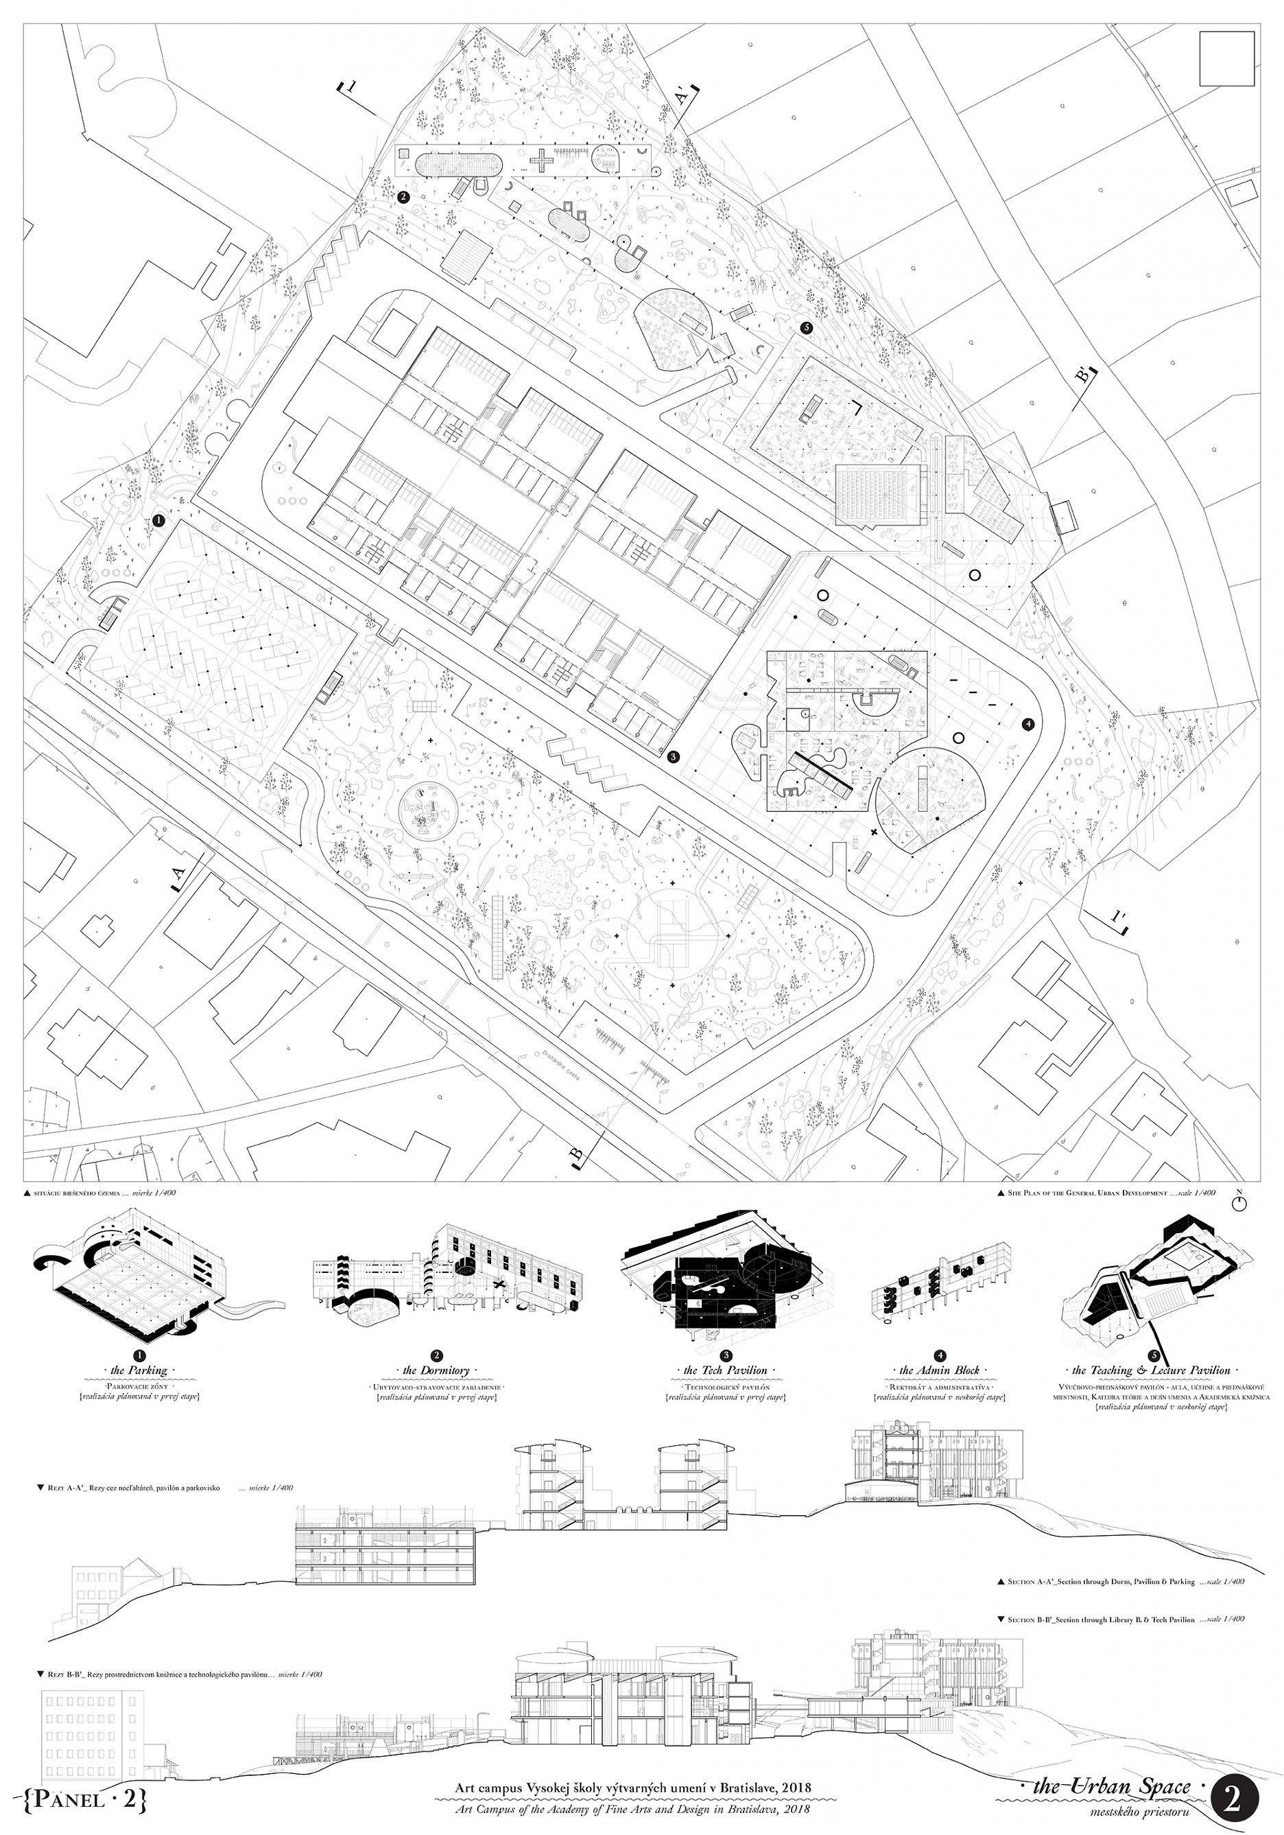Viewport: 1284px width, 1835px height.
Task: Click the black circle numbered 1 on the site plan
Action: (158, 520)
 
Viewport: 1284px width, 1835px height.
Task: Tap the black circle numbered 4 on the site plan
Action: (1027, 724)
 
